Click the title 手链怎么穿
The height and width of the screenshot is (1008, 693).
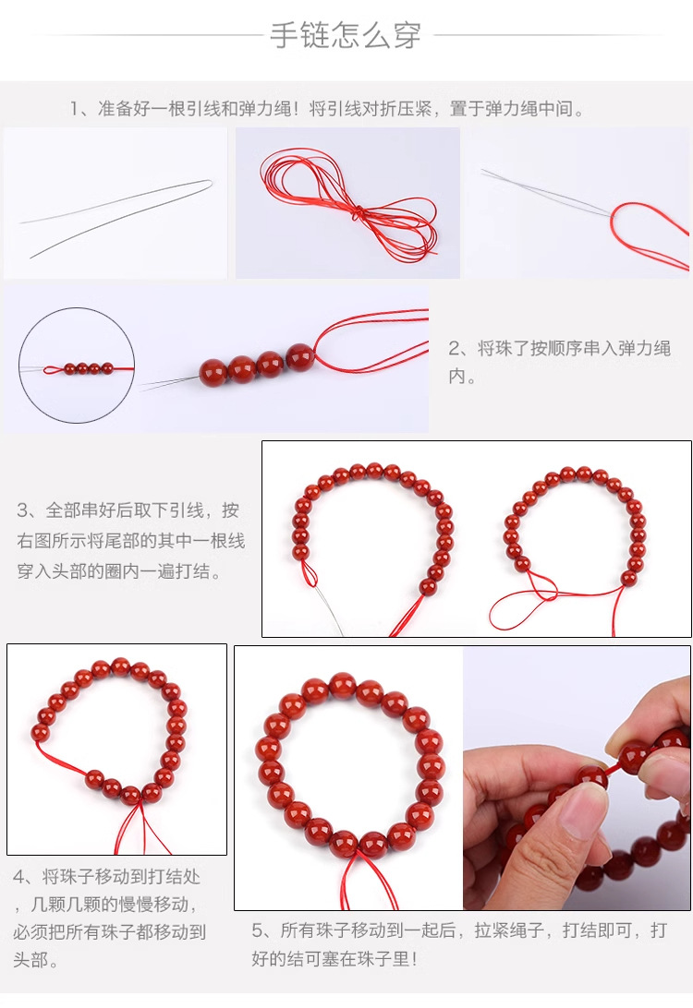pos(346,35)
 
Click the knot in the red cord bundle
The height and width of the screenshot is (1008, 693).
pos(358,213)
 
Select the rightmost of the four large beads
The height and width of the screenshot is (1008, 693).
pos(299,357)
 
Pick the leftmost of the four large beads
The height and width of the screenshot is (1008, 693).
pos(213,372)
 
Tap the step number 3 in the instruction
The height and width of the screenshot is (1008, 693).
pos(23,510)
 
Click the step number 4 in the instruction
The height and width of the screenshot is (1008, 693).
pos(19,877)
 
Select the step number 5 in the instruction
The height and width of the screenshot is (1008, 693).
pos(258,930)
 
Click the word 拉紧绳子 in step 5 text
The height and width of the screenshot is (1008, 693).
pos(510,930)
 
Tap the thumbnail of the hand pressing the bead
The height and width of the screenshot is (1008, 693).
pos(577,778)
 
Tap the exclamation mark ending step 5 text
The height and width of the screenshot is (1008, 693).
pos(414,959)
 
